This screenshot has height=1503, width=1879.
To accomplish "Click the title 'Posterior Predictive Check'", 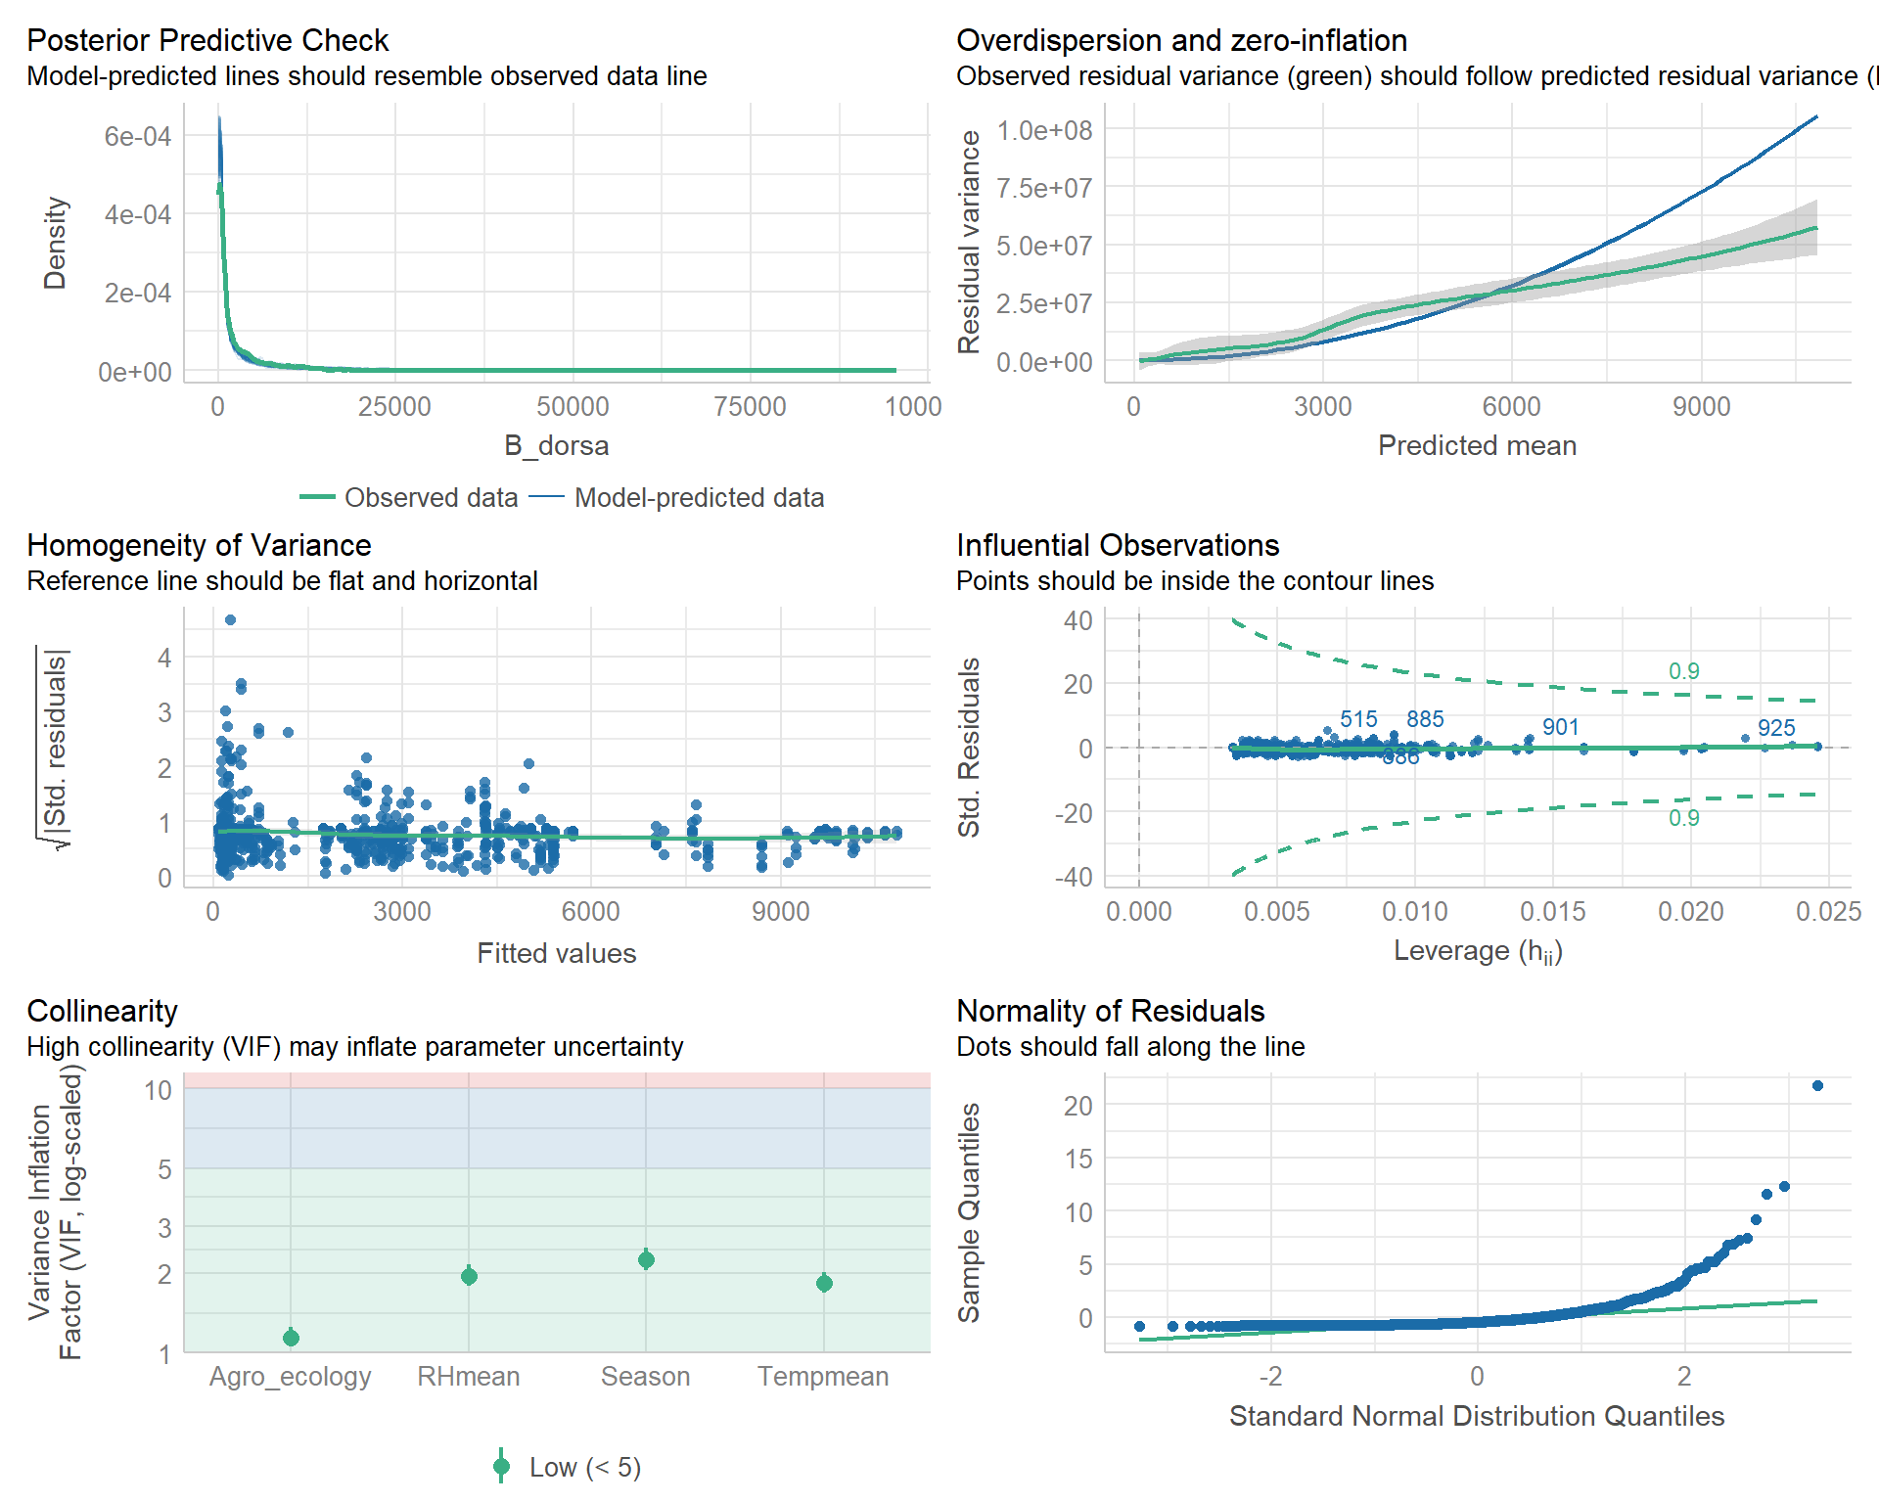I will click(207, 40).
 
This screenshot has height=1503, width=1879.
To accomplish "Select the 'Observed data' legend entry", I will click(431, 497).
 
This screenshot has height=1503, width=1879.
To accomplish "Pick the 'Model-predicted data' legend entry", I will click(699, 497).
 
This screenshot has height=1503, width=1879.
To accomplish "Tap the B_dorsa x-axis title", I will click(556, 445).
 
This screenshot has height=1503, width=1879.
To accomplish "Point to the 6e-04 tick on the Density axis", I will click(138, 136).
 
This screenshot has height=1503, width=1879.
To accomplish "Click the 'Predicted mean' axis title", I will click(1477, 445).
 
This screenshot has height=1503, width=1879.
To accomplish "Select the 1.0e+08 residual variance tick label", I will click(1044, 130).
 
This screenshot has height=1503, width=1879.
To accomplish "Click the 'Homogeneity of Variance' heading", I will click(199, 545).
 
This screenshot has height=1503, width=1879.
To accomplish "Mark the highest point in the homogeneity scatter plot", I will click(230, 619).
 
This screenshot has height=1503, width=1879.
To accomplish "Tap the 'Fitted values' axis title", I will click(556, 953).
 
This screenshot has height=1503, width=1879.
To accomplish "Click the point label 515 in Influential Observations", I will click(1358, 719).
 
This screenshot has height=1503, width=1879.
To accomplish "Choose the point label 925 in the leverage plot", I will click(1776, 728).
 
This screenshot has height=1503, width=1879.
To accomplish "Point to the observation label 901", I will click(1561, 727).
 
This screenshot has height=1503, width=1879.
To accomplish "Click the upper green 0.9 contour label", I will click(1684, 671).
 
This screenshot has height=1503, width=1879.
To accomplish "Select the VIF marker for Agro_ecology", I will click(291, 1338).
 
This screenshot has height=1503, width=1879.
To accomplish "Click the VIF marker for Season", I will click(646, 1259).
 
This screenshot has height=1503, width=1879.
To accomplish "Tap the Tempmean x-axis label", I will click(823, 1377).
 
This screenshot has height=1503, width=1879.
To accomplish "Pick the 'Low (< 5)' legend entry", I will click(584, 1467).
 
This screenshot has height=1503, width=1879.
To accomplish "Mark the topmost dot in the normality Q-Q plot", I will click(1817, 1085).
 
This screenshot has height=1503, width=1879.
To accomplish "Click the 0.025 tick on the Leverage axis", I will click(1828, 912).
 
